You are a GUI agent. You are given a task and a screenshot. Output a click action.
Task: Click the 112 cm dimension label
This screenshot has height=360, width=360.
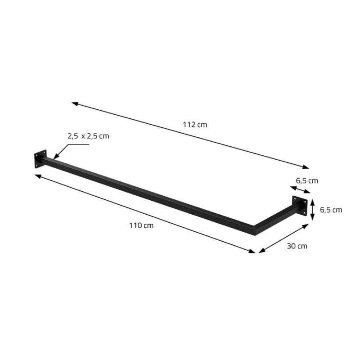coord(195,125)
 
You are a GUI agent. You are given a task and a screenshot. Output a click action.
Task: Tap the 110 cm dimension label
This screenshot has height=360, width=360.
coord(141,225)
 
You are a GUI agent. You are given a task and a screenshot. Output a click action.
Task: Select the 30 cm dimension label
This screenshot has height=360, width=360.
coord(297,246)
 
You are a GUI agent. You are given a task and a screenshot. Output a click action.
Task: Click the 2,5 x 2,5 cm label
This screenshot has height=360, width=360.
coord(88,136)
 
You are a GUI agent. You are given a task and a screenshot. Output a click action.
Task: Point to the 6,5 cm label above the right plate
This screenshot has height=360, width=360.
coord(307,181)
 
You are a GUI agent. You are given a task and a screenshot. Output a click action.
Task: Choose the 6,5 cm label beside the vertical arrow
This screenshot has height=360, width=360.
coord(331,210)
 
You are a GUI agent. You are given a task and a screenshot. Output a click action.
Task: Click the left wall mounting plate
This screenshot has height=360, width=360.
coord(40,159)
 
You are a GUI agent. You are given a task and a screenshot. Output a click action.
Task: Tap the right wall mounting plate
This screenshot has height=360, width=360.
coord(300,206)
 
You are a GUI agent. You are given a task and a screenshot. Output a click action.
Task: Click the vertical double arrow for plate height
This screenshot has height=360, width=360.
coord(312,210)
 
